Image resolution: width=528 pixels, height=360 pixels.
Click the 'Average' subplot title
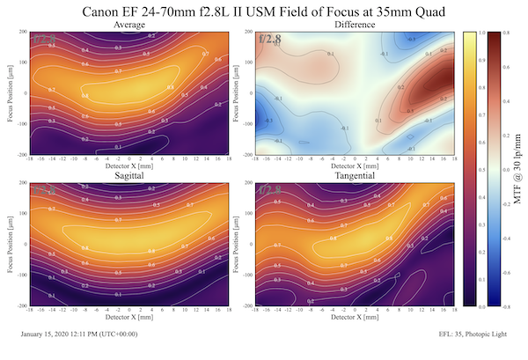click(128, 25)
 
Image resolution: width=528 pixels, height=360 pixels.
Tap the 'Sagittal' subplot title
click(128, 177)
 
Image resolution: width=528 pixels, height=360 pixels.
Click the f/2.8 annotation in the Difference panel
click(270, 39)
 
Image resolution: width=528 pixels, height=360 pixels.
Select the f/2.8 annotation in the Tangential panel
click(270, 190)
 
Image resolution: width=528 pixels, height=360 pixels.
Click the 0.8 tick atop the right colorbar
click(509, 33)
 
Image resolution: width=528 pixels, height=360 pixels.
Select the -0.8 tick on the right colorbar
click(508, 308)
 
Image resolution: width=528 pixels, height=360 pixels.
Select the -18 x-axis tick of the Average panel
click(31, 159)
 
